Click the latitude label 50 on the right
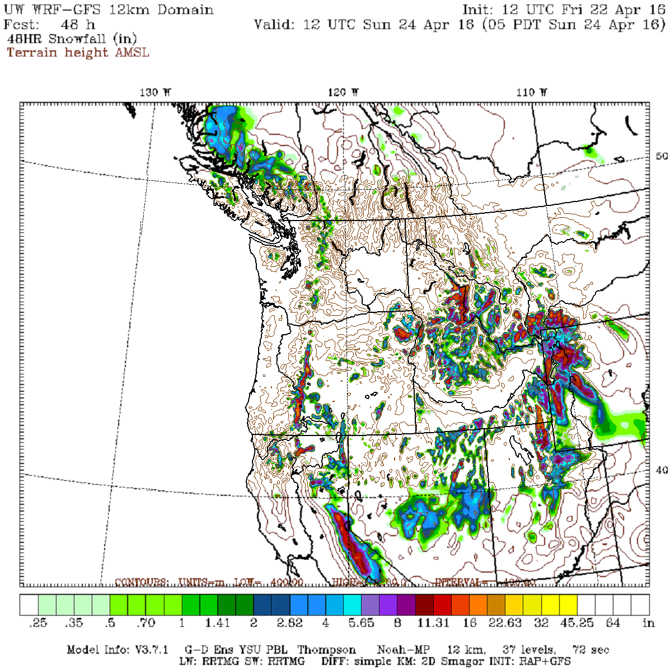(662, 156)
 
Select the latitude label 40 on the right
(662, 470)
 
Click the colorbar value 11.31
(433, 623)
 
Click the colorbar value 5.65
(361, 623)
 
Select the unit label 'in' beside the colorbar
(648, 623)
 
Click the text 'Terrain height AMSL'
(78, 53)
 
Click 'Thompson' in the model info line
(326, 650)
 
